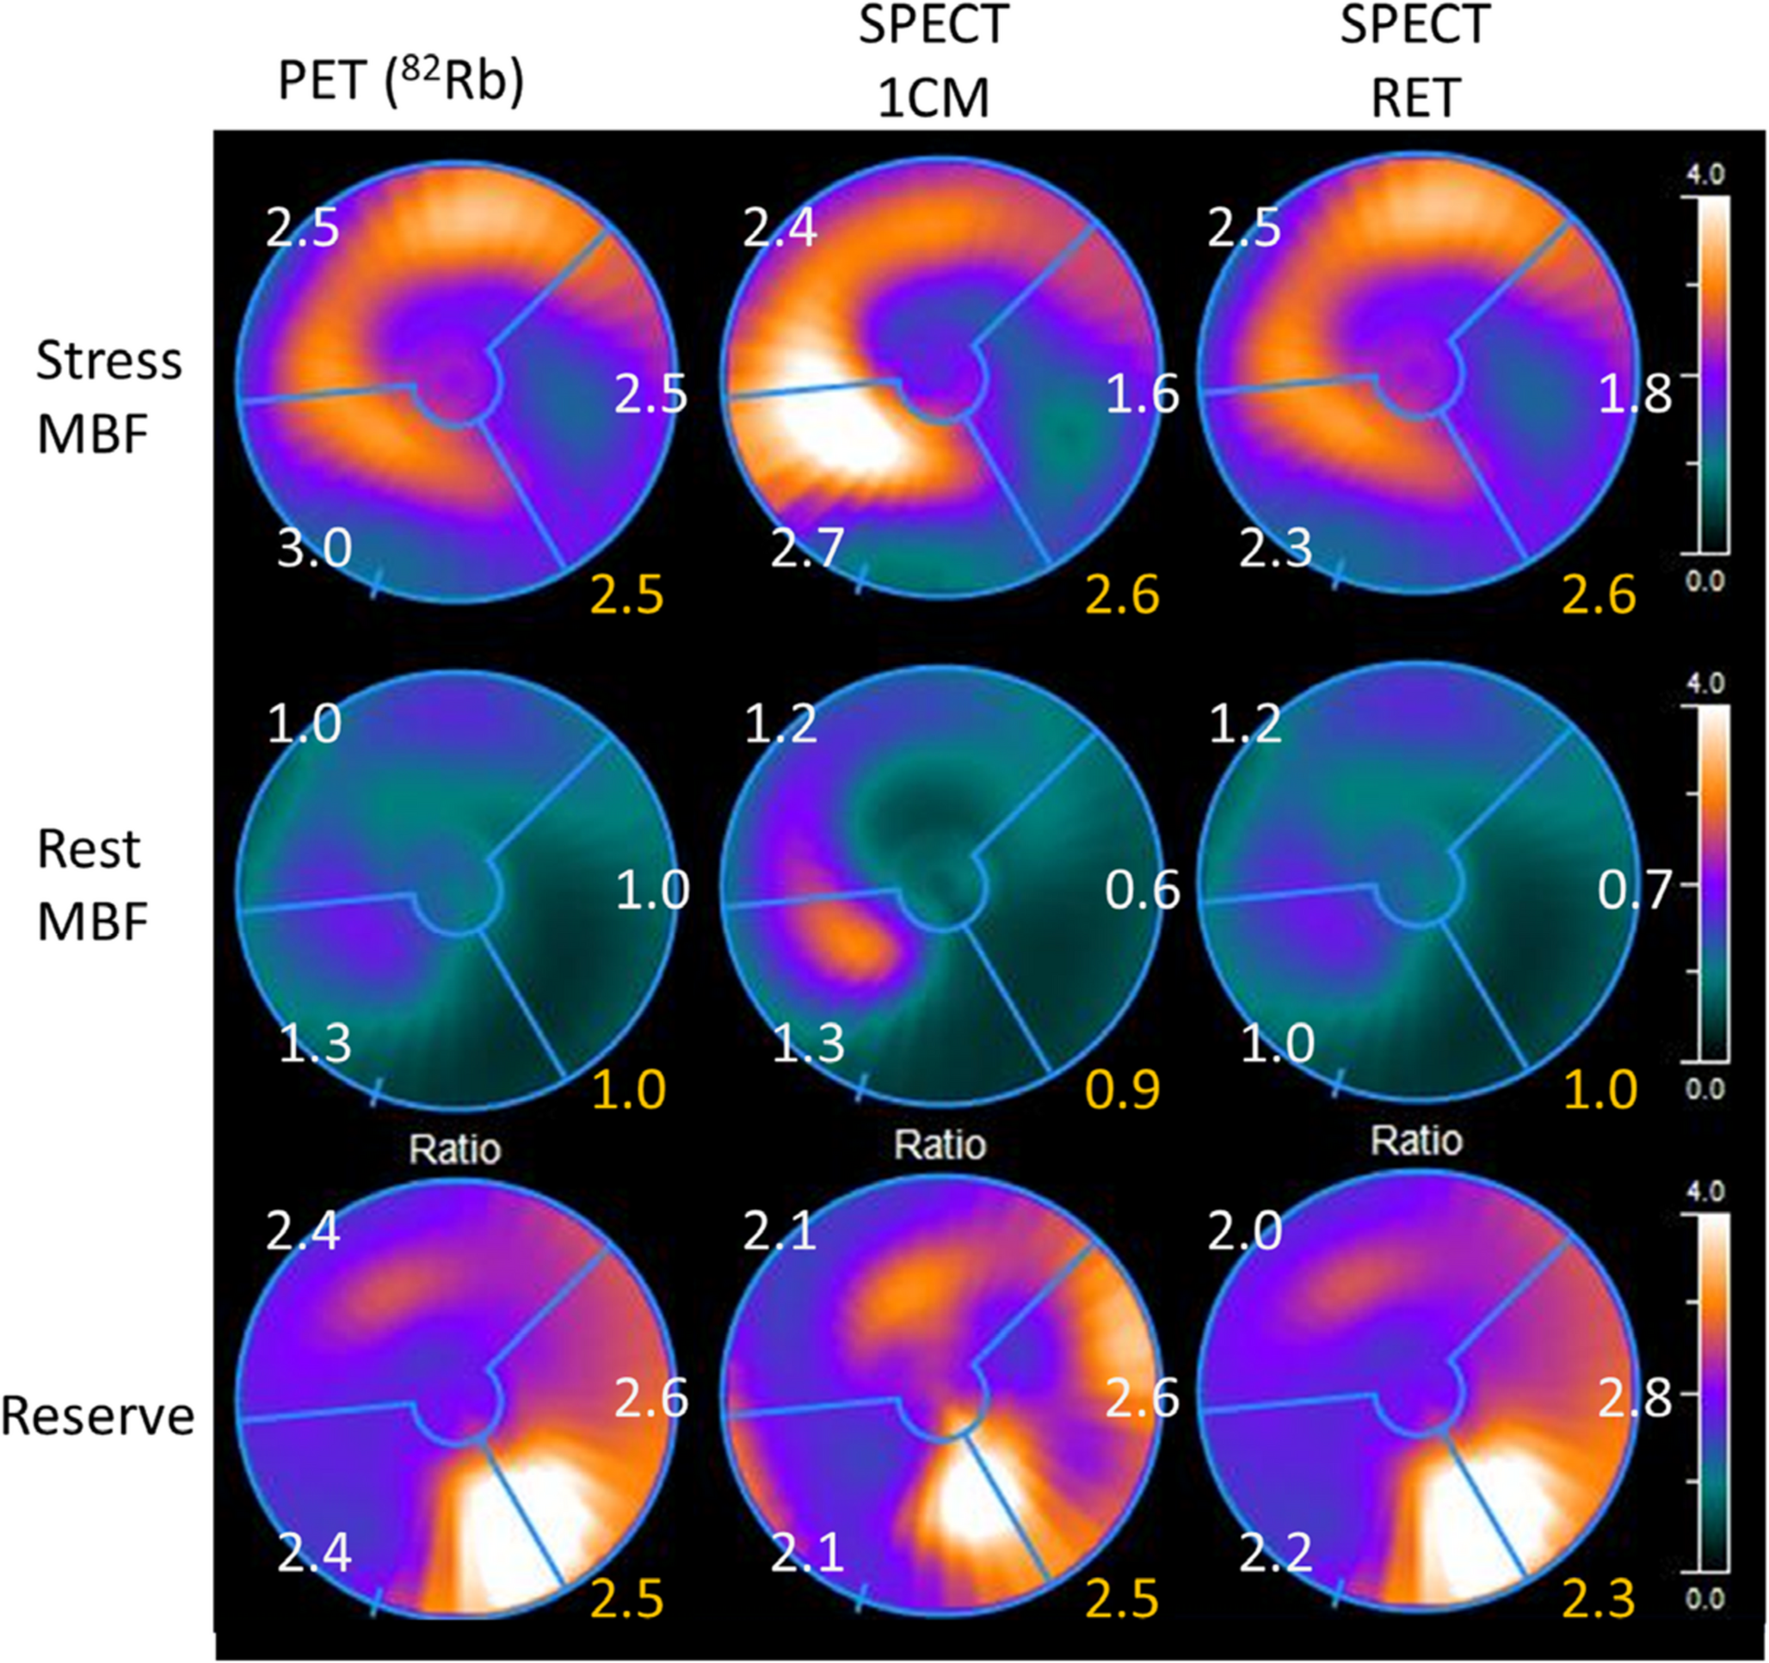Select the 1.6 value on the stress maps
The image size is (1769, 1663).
[1142, 393]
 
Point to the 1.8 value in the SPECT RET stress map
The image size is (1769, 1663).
[1635, 393]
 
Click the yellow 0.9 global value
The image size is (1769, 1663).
[1123, 1089]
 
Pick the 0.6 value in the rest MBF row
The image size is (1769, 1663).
[1142, 890]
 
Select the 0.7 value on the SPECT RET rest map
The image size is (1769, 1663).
[1635, 890]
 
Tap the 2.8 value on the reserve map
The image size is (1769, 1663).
[1635, 1399]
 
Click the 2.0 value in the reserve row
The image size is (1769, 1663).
[1244, 1232]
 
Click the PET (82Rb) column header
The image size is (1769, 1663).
[400, 82]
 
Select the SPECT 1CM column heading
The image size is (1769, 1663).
[934, 62]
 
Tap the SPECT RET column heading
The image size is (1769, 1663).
[1415, 62]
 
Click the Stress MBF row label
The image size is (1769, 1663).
[108, 397]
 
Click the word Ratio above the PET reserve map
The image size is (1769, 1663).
[454, 1149]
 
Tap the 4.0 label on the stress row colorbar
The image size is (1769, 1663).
[1705, 174]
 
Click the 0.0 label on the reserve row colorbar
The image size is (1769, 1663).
[1705, 1599]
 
